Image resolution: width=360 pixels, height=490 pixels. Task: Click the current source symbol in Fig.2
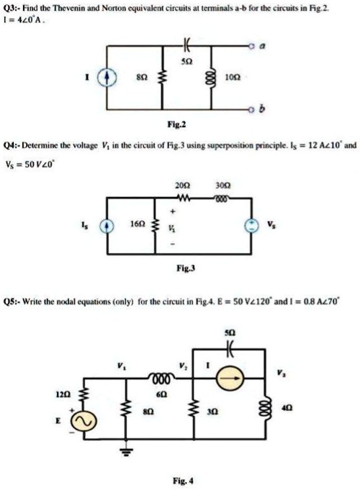[110, 76]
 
